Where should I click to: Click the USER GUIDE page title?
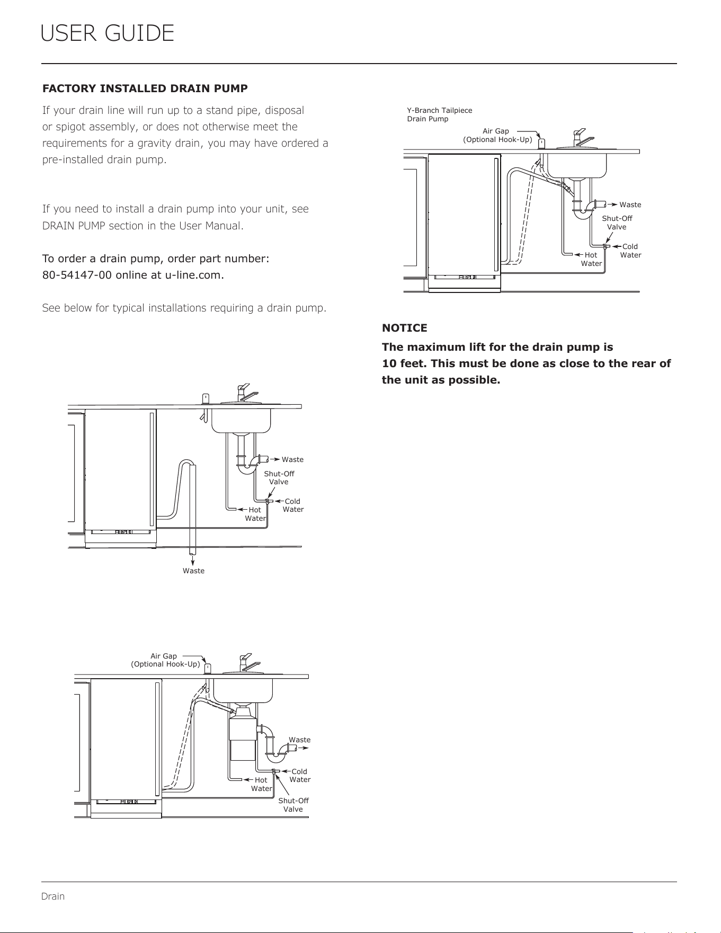click(x=107, y=33)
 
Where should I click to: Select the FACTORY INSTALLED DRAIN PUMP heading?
click(x=145, y=88)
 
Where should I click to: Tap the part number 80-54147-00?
click(x=75, y=276)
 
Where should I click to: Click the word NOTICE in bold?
click(x=405, y=328)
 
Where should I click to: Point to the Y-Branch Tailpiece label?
click(x=440, y=110)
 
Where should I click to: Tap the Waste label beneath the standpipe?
click(x=193, y=571)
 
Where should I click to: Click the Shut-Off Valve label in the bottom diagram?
click(x=293, y=805)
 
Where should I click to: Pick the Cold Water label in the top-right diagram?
click(x=630, y=251)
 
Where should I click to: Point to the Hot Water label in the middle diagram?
click(x=255, y=514)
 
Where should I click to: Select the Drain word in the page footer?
click(x=53, y=896)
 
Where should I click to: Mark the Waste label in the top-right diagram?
click(x=630, y=205)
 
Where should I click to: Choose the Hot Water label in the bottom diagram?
click(x=262, y=784)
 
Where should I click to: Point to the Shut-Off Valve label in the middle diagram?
click(x=279, y=477)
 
